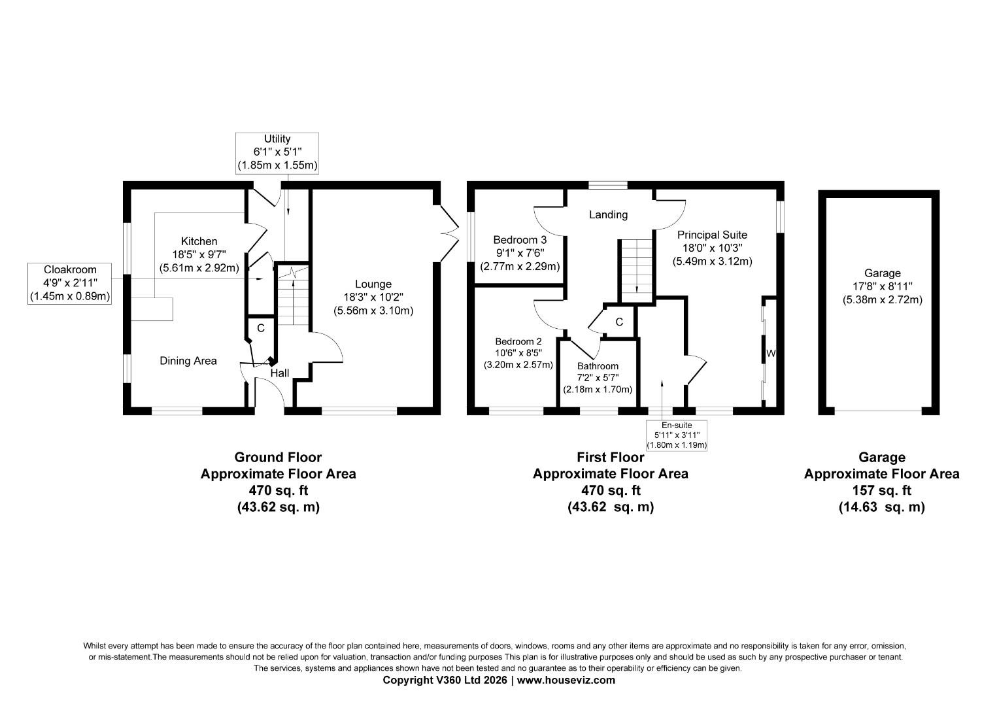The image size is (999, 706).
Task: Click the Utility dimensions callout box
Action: point(277,153)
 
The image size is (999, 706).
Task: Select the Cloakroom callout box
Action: point(70,283)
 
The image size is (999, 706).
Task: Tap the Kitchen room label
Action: point(199,242)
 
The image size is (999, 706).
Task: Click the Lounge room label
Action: point(373,284)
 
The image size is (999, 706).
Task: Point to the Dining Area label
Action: point(188,361)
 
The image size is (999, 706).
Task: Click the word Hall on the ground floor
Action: point(280,373)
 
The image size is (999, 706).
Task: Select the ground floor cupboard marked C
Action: point(260,328)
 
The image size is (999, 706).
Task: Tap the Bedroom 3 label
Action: point(520,239)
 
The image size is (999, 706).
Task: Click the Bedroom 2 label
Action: point(518,341)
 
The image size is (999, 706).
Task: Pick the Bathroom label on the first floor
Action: point(598,366)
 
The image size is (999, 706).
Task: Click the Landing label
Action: point(608,214)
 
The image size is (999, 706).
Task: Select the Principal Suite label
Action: point(712,235)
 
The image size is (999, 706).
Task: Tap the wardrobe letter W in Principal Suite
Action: point(771,354)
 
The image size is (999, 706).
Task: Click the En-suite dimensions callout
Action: point(677,435)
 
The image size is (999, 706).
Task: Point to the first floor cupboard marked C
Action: point(619,322)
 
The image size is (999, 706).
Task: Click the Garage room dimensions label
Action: point(882,286)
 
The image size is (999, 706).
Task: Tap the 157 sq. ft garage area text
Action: point(881,490)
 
